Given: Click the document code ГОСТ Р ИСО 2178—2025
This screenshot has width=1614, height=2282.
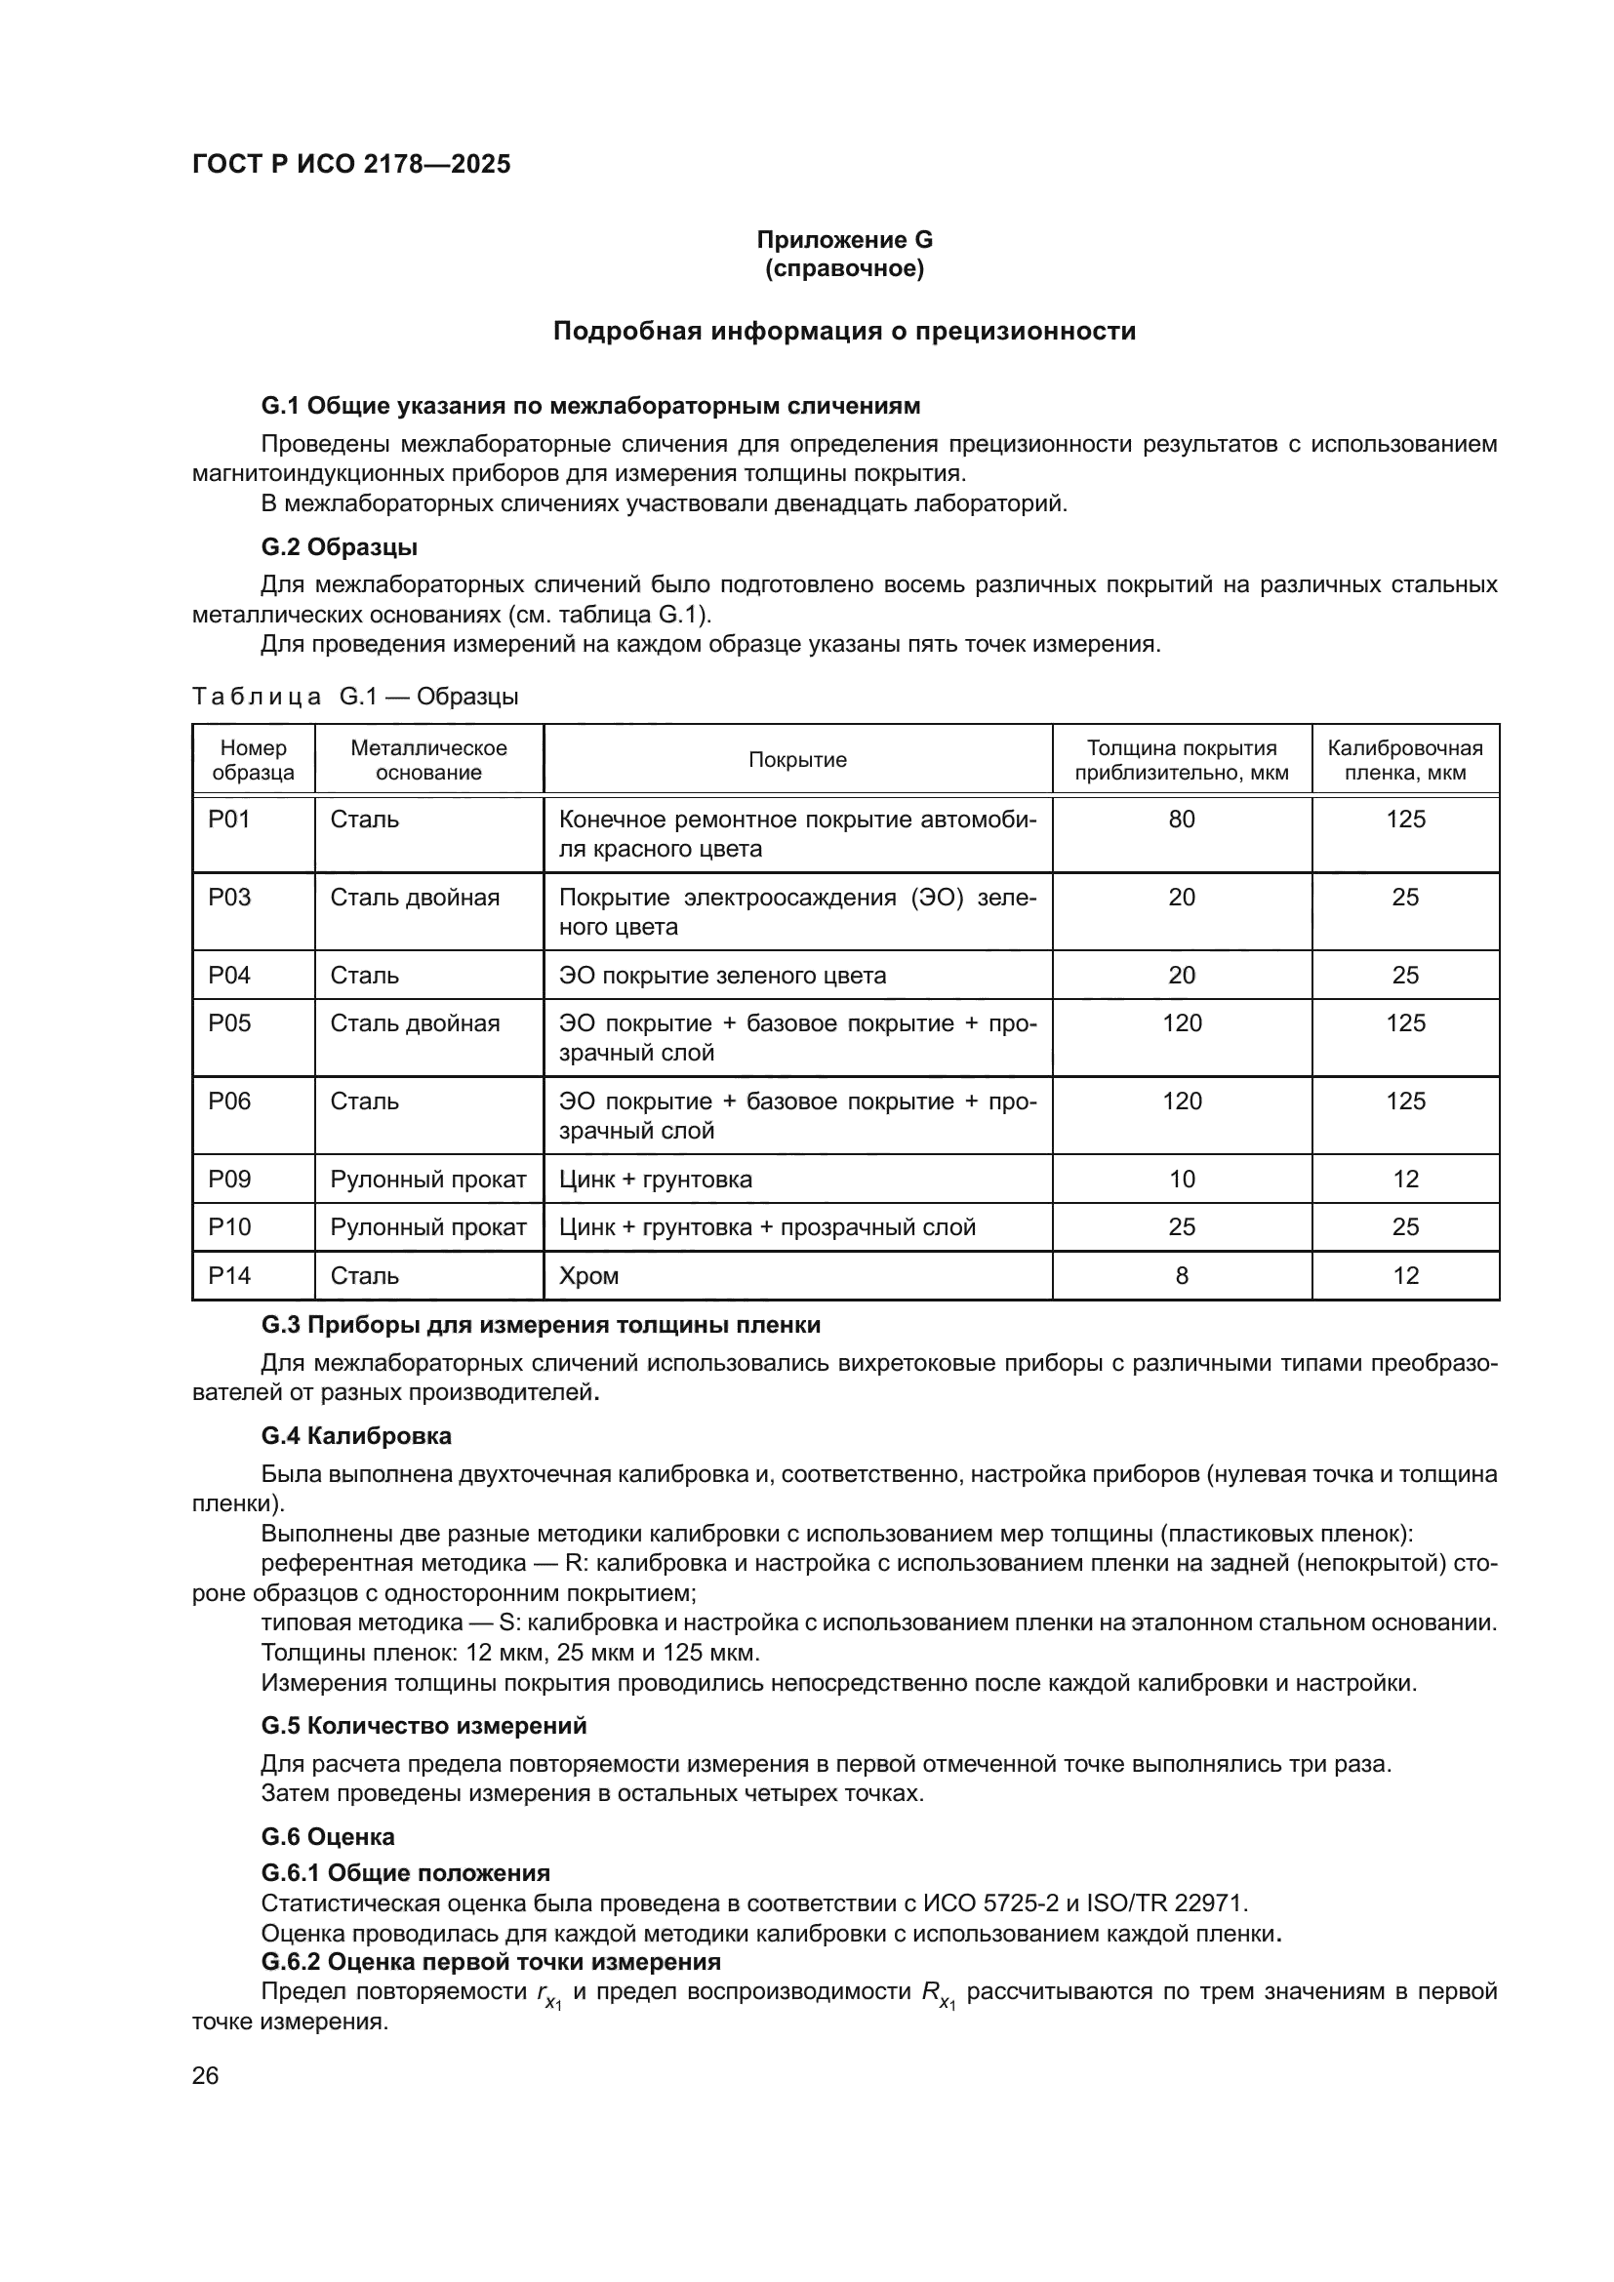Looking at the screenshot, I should [x=351, y=164].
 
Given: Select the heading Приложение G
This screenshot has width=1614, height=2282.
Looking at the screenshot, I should [x=844, y=240].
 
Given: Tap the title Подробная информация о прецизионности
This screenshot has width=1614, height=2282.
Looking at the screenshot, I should [x=844, y=331].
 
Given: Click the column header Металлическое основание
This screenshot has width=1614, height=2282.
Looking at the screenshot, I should [x=428, y=760].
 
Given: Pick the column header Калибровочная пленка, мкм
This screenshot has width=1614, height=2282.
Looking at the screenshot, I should [x=1404, y=760].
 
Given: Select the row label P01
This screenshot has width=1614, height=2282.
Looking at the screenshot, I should [x=229, y=820].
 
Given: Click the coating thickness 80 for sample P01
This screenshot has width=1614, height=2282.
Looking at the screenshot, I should [x=1181, y=820].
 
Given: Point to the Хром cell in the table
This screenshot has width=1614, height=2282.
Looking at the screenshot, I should [x=589, y=1276].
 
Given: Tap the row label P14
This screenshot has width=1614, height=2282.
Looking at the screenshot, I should [x=229, y=1276].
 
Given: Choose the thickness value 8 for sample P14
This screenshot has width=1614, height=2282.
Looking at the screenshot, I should [x=1181, y=1276].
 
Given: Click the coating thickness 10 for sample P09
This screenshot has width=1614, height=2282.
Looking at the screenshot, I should [x=1181, y=1180].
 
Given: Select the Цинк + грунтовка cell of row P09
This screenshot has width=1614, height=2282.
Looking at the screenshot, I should [x=655, y=1180].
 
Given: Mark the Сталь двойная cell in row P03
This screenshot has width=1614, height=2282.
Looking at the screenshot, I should [x=415, y=898].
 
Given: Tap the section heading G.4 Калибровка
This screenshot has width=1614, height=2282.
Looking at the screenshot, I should [x=356, y=1436].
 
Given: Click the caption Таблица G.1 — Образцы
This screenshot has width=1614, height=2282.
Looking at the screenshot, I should [x=355, y=697].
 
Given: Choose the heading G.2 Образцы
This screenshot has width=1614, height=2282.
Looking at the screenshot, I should [x=339, y=547].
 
